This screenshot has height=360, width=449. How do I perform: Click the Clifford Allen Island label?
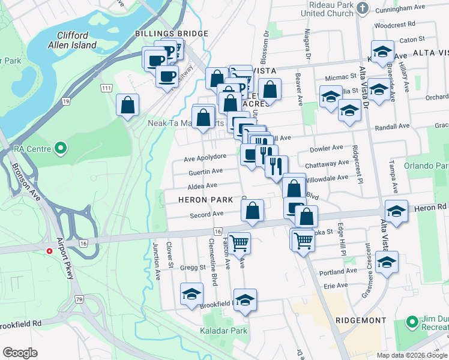72,40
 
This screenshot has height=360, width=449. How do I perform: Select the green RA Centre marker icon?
60,147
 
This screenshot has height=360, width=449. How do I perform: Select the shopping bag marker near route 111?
128,106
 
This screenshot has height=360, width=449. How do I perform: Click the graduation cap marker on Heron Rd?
397,211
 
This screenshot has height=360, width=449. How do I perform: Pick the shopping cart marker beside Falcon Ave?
239,243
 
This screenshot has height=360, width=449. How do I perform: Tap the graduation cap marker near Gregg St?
191,293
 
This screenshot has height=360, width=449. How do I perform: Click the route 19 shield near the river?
65,103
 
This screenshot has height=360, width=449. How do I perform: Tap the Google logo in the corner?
20,353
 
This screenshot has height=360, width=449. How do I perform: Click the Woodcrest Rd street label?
394,26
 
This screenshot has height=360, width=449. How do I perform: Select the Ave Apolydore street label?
205,157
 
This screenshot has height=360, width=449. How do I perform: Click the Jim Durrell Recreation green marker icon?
412,322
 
